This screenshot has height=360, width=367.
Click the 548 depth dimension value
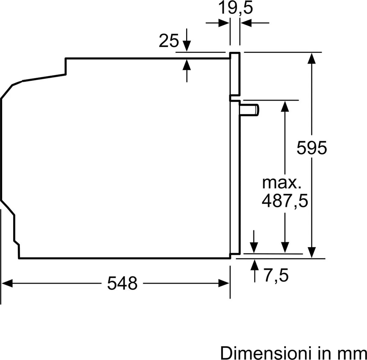click(x=122, y=283)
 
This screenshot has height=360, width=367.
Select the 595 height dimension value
click(x=312, y=148)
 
